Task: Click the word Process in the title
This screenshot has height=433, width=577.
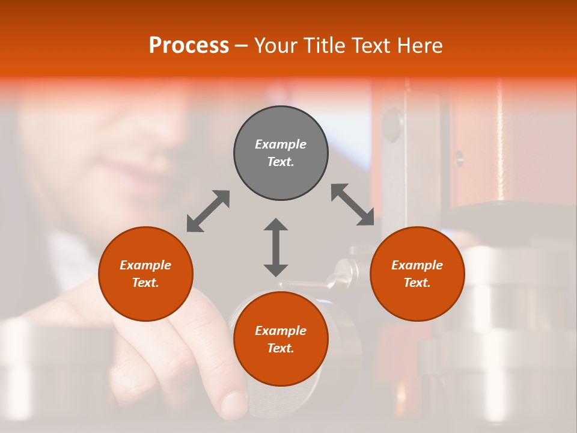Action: tap(189, 46)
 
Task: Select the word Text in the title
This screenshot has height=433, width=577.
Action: tap(370, 46)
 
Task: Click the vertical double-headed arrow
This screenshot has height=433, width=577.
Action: tap(276, 247)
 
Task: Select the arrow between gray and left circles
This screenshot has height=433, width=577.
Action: tap(208, 211)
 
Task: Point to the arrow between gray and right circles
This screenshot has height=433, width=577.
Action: tap(353, 205)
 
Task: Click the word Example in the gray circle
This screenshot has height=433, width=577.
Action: tap(281, 144)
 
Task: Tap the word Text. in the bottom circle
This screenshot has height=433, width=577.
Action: tap(281, 348)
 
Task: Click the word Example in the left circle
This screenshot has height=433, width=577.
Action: tap(145, 265)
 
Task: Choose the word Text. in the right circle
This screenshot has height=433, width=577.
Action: tap(417, 283)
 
